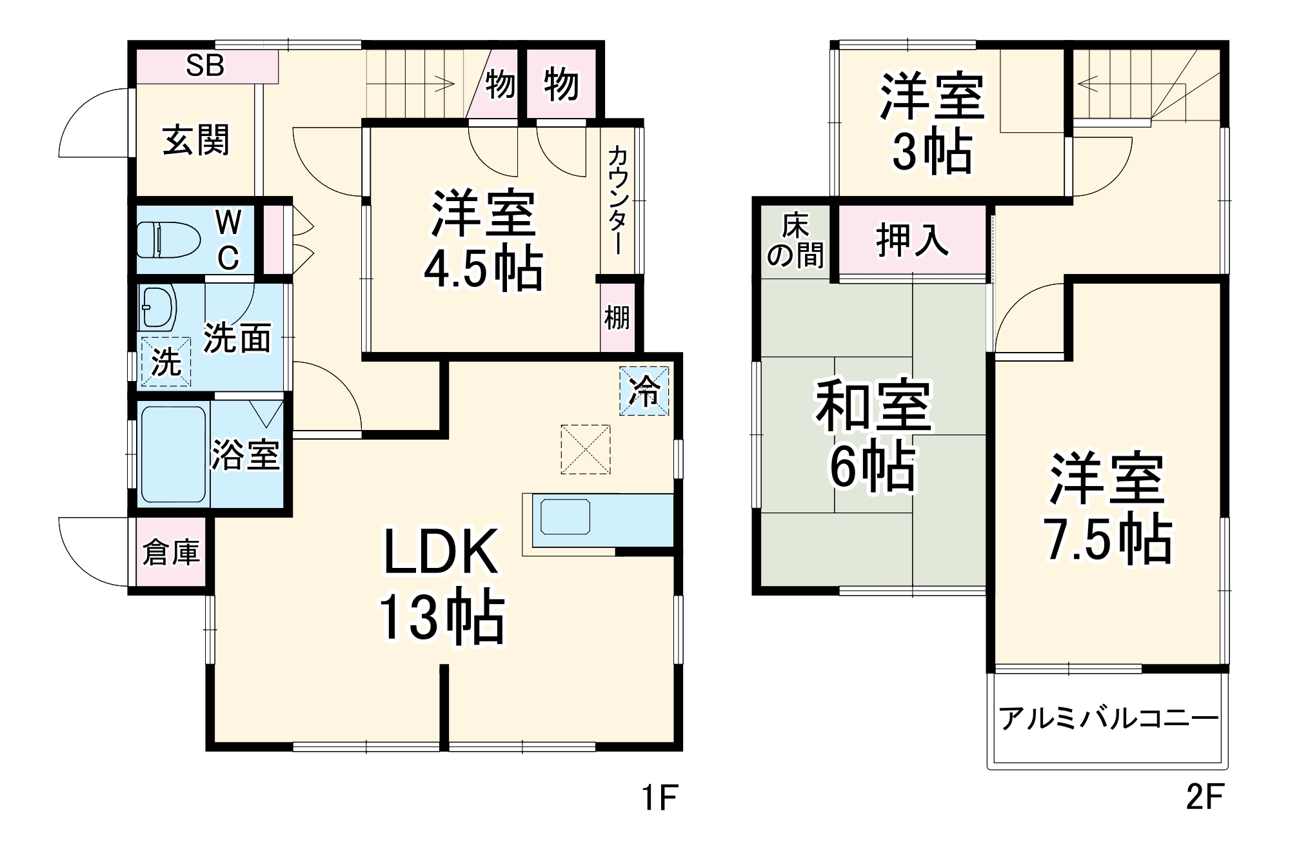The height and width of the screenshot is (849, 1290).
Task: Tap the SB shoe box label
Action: [205, 65]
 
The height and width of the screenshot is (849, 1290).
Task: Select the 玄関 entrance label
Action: [195, 140]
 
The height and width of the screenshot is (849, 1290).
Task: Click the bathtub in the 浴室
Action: [173, 454]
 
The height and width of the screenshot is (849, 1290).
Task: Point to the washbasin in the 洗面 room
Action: [158, 306]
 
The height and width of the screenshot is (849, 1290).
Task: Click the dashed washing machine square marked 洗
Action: [166, 362]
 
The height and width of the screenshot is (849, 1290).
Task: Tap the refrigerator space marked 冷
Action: [644, 391]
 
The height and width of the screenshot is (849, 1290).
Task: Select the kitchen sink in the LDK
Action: [566, 517]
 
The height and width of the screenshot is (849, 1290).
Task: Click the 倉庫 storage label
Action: [171, 552]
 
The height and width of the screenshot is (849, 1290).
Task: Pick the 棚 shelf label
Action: [617, 317]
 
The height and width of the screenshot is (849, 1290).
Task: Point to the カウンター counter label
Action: [617, 200]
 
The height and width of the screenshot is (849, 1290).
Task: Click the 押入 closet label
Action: [912, 240]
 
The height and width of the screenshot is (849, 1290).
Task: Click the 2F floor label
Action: [1204, 798]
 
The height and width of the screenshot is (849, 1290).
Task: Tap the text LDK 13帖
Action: [442, 585]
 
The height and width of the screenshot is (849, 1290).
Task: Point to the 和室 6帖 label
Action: [873, 435]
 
